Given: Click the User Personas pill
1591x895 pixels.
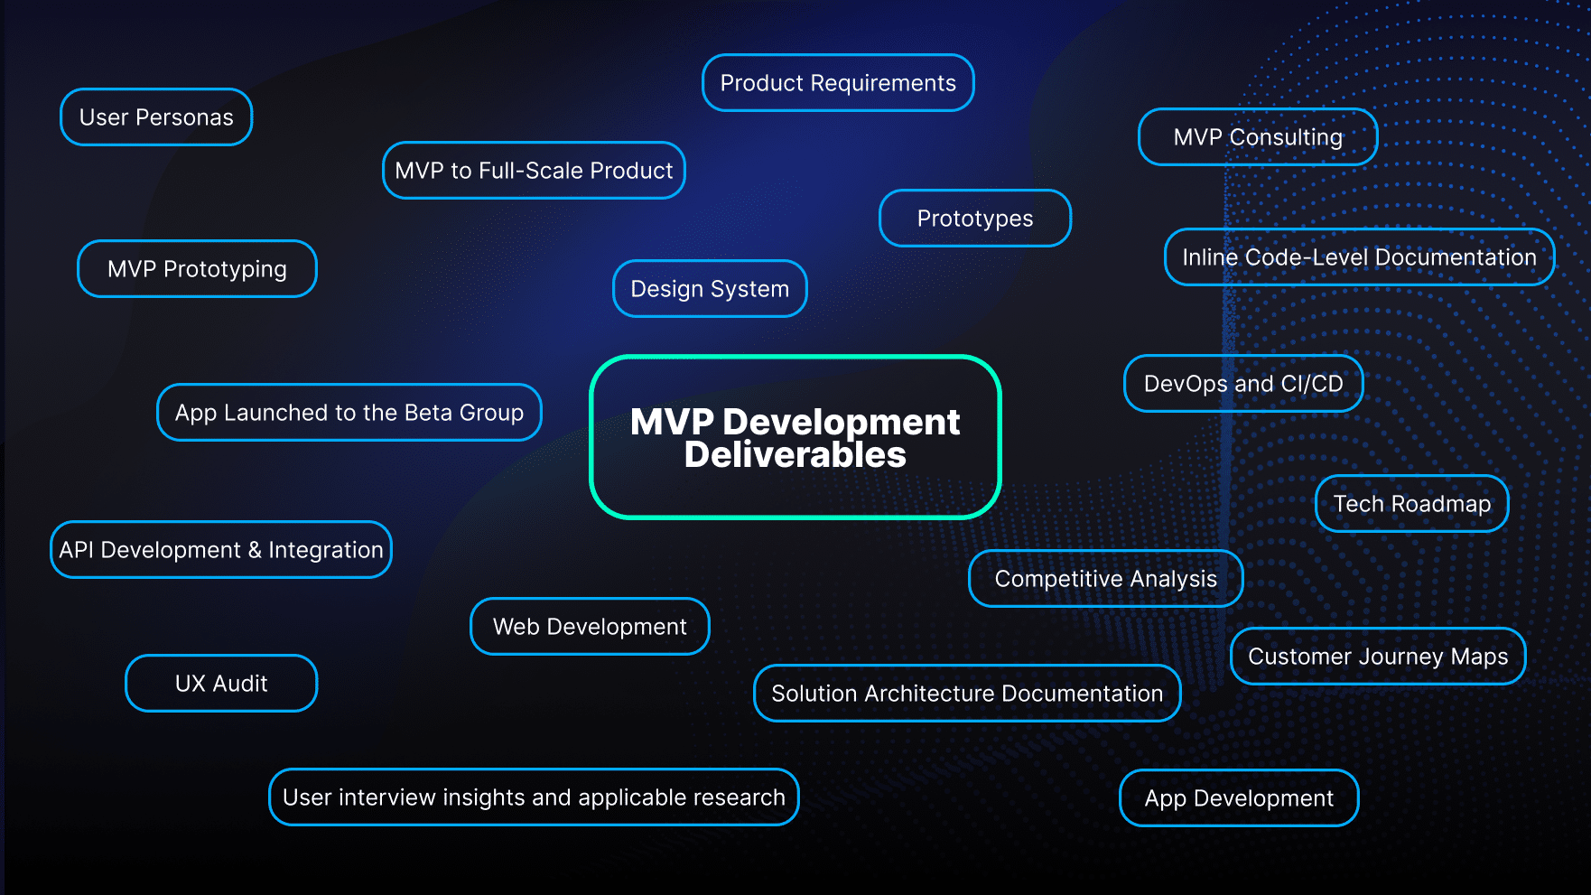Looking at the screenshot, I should click(x=156, y=117).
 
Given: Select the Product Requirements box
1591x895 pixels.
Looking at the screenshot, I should click(x=838, y=83).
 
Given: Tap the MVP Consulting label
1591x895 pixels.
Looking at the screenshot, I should click(x=1258, y=137).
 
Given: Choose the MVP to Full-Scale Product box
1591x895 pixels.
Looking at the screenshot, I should click(x=534, y=171).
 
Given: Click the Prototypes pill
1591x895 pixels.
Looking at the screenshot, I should click(x=975, y=219).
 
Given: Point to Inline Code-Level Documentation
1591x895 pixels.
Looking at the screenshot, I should click(x=1359, y=257).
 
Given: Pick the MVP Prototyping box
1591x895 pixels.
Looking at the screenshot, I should click(x=197, y=269).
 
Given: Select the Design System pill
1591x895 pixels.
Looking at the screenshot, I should click(x=710, y=289).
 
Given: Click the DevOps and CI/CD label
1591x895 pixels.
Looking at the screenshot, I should click(x=1243, y=384).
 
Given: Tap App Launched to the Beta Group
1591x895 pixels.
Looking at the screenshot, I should click(x=349, y=413).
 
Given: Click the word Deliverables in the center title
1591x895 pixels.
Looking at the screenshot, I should click(x=795, y=455).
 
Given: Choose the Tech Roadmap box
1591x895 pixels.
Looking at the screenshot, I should click(x=1412, y=504).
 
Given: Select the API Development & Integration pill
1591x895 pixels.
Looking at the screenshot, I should click(x=221, y=550).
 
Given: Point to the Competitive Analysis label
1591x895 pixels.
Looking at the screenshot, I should click(x=1105, y=579).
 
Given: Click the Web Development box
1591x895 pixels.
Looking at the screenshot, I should click(x=590, y=627).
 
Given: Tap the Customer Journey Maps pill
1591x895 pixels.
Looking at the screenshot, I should click(x=1378, y=657).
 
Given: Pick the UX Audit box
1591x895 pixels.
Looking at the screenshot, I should click(x=221, y=684).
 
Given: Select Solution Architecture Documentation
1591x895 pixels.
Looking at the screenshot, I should click(x=967, y=694).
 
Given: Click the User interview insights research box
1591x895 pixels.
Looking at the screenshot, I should click(x=534, y=797).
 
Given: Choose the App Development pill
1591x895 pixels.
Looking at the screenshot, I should click(x=1239, y=798).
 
